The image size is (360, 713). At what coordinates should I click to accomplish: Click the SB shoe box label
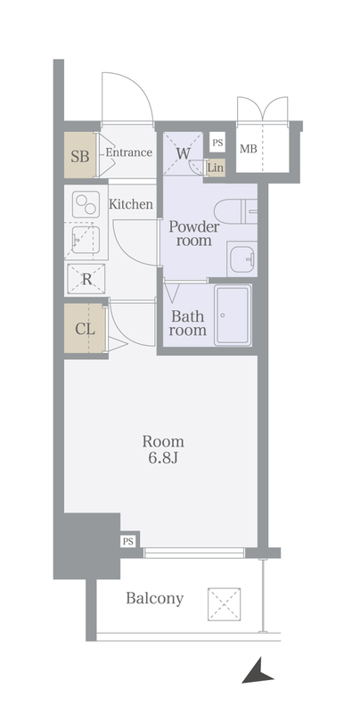coord(80,157)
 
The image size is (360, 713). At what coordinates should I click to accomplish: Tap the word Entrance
coord(128,152)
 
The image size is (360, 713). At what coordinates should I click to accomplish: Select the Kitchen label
coord(130,204)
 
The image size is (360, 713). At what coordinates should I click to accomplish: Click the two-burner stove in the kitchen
coord(86,204)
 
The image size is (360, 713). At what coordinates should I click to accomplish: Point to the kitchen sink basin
coord(86,240)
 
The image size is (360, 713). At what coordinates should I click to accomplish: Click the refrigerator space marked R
coord(86,279)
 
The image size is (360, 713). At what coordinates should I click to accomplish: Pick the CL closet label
coord(85,328)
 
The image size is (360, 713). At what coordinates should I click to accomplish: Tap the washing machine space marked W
coord(183,153)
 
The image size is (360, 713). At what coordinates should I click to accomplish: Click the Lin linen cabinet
coord(216,168)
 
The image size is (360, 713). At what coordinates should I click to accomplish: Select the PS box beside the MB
coord(217,143)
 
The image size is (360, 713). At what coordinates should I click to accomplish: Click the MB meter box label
coord(249,149)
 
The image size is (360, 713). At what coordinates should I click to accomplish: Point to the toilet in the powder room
coord(235,211)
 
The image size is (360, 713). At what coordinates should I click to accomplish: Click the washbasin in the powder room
coord(242,258)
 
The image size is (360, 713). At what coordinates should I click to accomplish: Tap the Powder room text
coord(194,234)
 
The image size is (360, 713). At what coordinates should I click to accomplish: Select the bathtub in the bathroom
coord(233,316)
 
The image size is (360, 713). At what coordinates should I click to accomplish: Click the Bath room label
coord(188,323)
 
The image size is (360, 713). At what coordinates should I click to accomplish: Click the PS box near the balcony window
coord(128,542)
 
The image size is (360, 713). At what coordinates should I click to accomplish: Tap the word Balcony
coord(154,598)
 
